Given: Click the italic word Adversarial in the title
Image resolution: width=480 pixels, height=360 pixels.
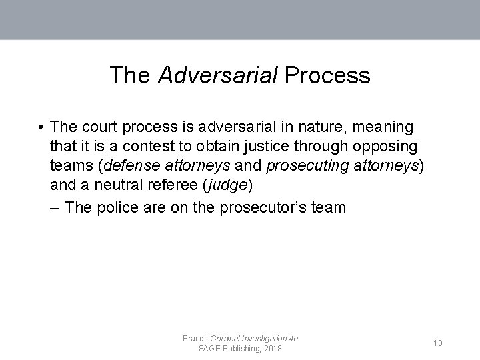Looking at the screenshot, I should (217, 75).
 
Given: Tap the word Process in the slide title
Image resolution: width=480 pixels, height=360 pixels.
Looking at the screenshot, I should (327, 75).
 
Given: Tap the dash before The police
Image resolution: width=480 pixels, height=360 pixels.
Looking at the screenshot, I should (56, 207).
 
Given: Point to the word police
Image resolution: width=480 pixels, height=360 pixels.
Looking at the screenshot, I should (119, 207).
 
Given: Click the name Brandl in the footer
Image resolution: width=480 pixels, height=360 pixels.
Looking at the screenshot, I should (195, 339).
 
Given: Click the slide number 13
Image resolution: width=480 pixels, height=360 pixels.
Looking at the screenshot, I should (438, 343).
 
